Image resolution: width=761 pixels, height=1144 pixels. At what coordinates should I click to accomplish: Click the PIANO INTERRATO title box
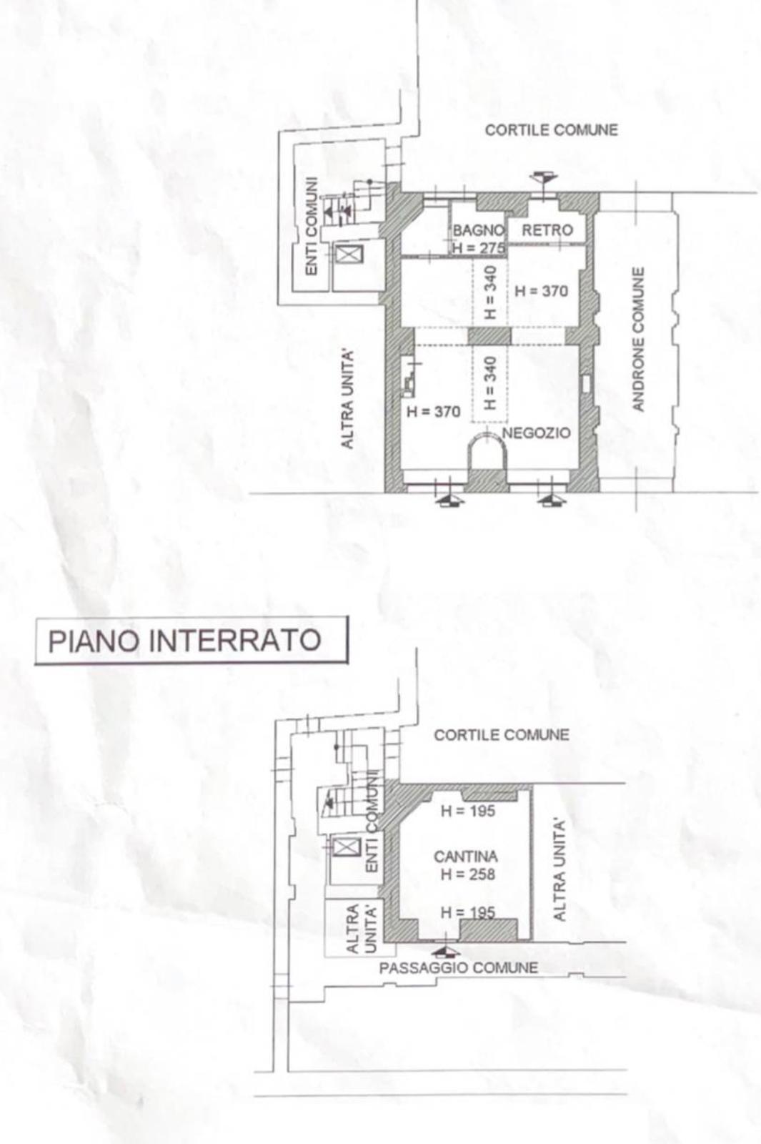point(192,641)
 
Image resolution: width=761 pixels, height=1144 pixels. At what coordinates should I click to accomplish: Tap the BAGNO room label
point(479,230)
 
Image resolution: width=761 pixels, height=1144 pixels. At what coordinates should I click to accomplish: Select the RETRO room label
point(547,230)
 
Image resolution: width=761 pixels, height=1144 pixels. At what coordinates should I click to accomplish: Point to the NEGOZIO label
point(537,433)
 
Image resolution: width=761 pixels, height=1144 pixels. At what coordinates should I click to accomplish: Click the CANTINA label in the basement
point(466,857)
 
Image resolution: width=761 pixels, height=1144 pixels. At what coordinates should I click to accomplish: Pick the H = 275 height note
point(479,248)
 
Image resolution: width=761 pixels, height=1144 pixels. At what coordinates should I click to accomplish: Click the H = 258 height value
point(468,874)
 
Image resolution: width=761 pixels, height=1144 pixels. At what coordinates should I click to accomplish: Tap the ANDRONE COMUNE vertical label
point(639,339)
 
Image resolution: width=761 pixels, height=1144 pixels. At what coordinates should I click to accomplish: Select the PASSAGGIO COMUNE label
point(458,968)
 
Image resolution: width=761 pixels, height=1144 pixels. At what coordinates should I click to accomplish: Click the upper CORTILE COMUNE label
point(551,130)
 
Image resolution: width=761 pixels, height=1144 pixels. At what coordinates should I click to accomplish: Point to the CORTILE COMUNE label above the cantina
point(501,735)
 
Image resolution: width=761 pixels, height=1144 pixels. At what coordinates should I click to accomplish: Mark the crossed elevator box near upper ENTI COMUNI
point(349,254)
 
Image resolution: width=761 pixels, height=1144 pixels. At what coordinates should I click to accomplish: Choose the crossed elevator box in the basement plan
point(347,847)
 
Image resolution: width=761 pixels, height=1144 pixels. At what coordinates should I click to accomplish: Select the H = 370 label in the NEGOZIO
point(433,412)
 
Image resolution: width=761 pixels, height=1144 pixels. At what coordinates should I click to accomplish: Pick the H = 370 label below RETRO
point(542,291)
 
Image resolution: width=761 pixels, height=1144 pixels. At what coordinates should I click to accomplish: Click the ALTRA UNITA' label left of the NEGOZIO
point(347,399)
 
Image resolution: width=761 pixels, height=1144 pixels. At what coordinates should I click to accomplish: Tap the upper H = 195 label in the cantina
point(468,811)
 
